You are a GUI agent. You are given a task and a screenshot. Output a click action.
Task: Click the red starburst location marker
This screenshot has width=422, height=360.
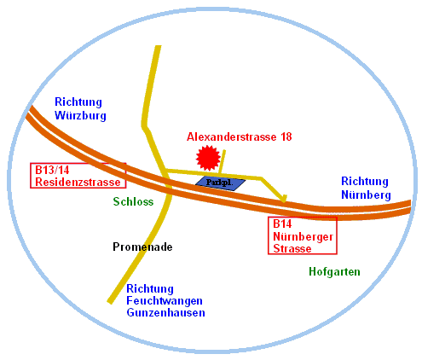click(x=208, y=158)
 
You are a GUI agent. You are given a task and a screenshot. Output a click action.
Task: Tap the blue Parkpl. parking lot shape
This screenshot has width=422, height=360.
click(x=220, y=183)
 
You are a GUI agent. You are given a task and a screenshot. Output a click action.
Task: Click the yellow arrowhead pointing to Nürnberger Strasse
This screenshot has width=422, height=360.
click(x=283, y=198)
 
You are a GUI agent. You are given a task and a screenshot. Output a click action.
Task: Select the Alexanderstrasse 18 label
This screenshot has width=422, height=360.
click(x=239, y=136)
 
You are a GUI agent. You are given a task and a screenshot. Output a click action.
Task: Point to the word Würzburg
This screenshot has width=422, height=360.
click(x=80, y=115)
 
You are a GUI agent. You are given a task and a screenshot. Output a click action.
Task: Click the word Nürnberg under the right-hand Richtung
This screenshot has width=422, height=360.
click(x=366, y=195)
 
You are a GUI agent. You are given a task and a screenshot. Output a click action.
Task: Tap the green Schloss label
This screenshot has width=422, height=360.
click(x=133, y=201)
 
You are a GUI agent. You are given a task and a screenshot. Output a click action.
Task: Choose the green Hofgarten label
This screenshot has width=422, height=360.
click(x=334, y=271)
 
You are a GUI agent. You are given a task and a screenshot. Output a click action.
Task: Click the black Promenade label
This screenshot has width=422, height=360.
click(x=142, y=247)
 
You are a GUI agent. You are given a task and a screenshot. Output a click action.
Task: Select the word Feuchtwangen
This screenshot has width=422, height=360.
click(x=165, y=300)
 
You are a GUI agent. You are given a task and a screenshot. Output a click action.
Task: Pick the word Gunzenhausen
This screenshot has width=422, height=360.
click(x=165, y=312)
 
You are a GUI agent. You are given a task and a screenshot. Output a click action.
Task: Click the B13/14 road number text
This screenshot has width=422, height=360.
click(x=52, y=170)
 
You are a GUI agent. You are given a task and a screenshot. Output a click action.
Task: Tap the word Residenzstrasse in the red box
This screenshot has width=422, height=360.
click(x=78, y=182)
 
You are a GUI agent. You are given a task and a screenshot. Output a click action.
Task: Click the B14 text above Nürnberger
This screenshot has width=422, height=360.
click(x=282, y=224)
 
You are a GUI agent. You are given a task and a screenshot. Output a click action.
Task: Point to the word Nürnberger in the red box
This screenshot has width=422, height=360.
click(x=303, y=236)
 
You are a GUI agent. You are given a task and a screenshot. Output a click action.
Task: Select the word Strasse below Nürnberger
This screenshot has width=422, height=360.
click(x=292, y=248)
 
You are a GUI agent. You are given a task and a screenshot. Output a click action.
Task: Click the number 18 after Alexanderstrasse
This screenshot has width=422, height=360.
click(x=286, y=136)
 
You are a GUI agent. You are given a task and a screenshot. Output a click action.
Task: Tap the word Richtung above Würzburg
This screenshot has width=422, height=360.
click(x=78, y=102)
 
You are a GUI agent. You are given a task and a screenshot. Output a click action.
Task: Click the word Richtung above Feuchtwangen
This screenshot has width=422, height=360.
click(x=150, y=288)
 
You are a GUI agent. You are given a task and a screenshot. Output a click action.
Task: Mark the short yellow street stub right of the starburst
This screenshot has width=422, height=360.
click(x=222, y=161)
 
